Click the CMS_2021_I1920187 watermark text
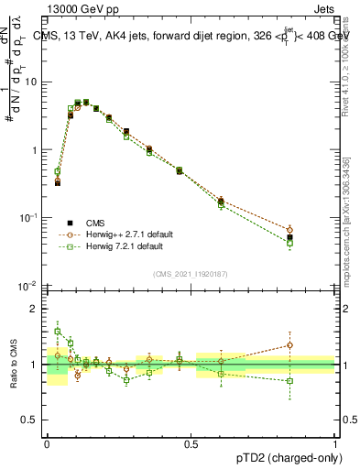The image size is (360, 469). [191, 273]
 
